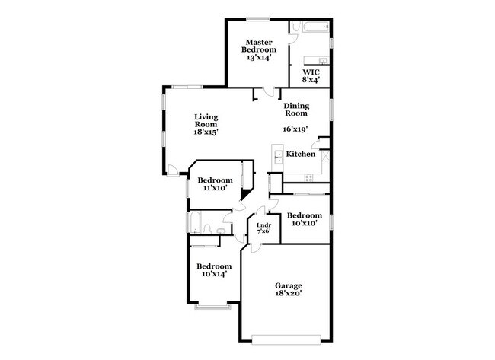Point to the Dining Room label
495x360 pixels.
(x=296, y=109)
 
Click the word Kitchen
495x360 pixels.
(x=301, y=155)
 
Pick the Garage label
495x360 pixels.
(x=289, y=285)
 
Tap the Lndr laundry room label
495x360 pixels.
(x=264, y=225)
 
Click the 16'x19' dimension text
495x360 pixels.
(x=297, y=129)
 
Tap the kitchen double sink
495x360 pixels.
(x=278, y=156)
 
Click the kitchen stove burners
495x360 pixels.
(x=309, y=178)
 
